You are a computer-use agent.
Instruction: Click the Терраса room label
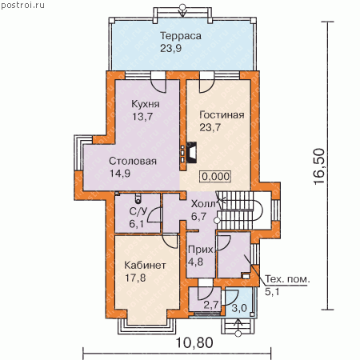pyautogui.click(x=181, y=36)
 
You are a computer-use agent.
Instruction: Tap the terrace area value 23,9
pyautogui.click(x=171, y=48)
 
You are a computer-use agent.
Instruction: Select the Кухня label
pyautogui.click(x=146, y=104)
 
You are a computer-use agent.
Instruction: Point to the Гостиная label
pyautogui.click(x=222, y=115)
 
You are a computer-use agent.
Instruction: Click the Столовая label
pyautogui.click(x=133, y=161)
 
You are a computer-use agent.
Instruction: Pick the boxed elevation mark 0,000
pyautogui.click(x=215, y=176)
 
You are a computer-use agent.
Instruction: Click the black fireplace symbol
pyautogui.click(x=191, y=152)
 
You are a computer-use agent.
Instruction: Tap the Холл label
pyautogui.click(x=203, y=204)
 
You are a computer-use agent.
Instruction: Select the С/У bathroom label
pyautogui.click(x=138, y=211)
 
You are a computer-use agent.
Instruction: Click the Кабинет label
pyautogui.click(x=145, y=266)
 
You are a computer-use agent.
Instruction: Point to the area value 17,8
pyautogui.click(x=135, y=278)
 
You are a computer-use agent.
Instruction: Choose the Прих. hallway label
pyautogui.click(x=201, y=250)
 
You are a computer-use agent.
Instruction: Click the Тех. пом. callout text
pyautogui.click(x=287, y=279)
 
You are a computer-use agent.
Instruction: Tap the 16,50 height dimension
pyautogui.click(x=319, y=166)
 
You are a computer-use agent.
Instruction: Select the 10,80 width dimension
pyautogui.click(x=194, y=342)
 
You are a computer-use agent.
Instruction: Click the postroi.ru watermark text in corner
pyautogui.click(x=22, y=6)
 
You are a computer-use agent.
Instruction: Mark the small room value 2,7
pyautogui.click(x=211, y=305)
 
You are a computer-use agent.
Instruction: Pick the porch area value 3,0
pyautogui.click(x=239, y=308)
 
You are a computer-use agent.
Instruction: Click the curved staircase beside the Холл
pyautogui.click(x=239, y=210)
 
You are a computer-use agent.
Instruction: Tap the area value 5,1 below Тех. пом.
pyautogui.click(x=272, y=292)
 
